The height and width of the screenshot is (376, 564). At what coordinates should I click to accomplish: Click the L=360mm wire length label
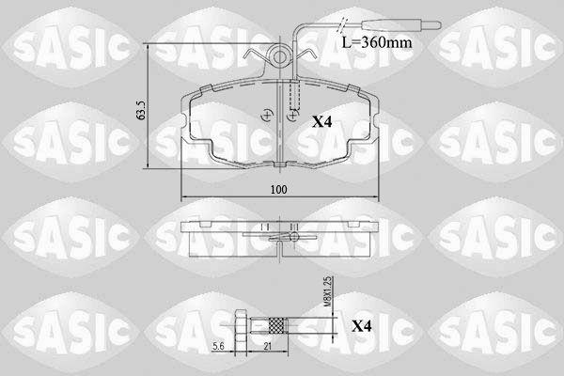(377, 43)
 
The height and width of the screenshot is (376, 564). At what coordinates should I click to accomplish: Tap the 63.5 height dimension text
(141, 110)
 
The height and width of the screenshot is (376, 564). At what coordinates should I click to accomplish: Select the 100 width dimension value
(279, 189)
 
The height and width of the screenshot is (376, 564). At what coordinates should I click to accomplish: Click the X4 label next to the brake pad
(321, 122)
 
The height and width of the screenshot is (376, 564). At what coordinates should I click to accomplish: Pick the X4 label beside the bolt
(361, 326)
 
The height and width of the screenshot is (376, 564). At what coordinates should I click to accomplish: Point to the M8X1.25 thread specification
(329, 291)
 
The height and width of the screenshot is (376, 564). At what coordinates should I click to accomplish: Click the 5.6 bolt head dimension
(218, 346)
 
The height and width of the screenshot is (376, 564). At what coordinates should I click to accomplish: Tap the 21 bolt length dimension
(268, 346)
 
